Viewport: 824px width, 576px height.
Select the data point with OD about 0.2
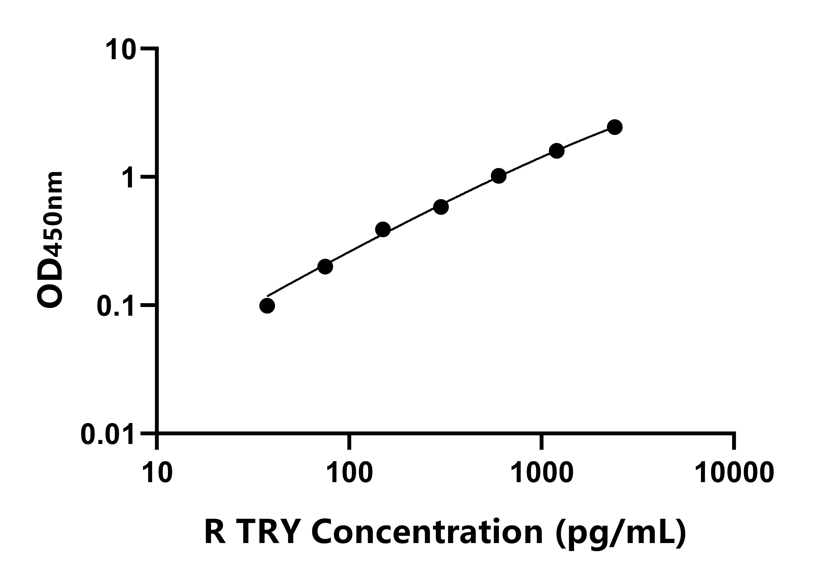point(325,267)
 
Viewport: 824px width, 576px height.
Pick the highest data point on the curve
point(615,127)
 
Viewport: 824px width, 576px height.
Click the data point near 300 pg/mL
point(441,207)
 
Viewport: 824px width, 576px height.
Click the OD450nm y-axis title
point(50,240)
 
